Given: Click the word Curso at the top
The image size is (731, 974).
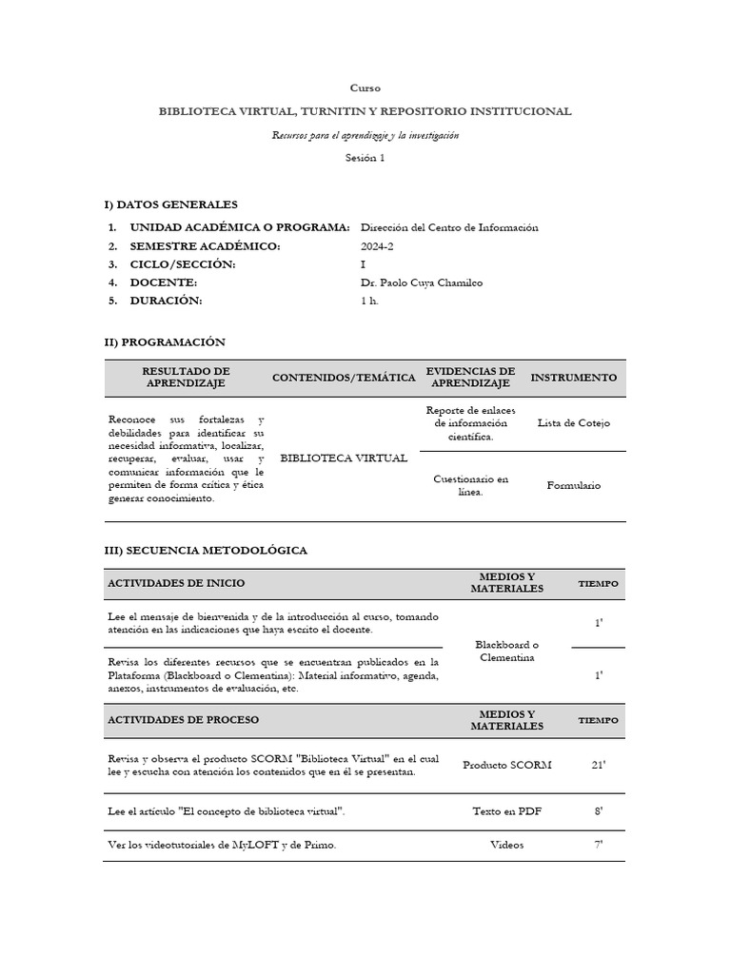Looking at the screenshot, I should click(365, 88).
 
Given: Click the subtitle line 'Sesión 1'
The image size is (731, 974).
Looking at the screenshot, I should click(365, 159).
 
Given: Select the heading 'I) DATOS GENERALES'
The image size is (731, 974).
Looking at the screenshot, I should click(170, 205).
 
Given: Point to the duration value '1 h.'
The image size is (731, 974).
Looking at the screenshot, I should click(369, 301).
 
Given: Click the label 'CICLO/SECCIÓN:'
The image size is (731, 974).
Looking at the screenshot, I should click(182, 264).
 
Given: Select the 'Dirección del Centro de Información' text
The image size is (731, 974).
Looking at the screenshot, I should click(448, 227).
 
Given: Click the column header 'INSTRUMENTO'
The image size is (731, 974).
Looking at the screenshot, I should click(573, 378).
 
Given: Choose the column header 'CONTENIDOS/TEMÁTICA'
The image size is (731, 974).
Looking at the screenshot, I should click(344, 378).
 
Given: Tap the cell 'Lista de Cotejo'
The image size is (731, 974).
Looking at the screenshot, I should click(573, 423).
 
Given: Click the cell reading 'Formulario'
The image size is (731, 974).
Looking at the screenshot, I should click(573, 485).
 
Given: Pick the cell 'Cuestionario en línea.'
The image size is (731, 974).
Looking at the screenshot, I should click(470, 485).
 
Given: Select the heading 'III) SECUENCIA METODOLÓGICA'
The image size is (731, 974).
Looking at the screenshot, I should click(206, 551).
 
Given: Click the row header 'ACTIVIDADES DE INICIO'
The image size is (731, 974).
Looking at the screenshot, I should click(176, 583).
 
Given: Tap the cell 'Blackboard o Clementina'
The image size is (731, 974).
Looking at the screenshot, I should click(506, 652).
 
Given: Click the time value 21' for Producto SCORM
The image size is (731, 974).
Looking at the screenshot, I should click(598, 765).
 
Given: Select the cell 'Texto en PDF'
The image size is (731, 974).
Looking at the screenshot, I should click(506, 812).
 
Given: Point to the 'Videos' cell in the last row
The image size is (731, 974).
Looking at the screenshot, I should click(506, 845).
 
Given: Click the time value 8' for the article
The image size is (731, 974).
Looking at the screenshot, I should click(598, 812).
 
